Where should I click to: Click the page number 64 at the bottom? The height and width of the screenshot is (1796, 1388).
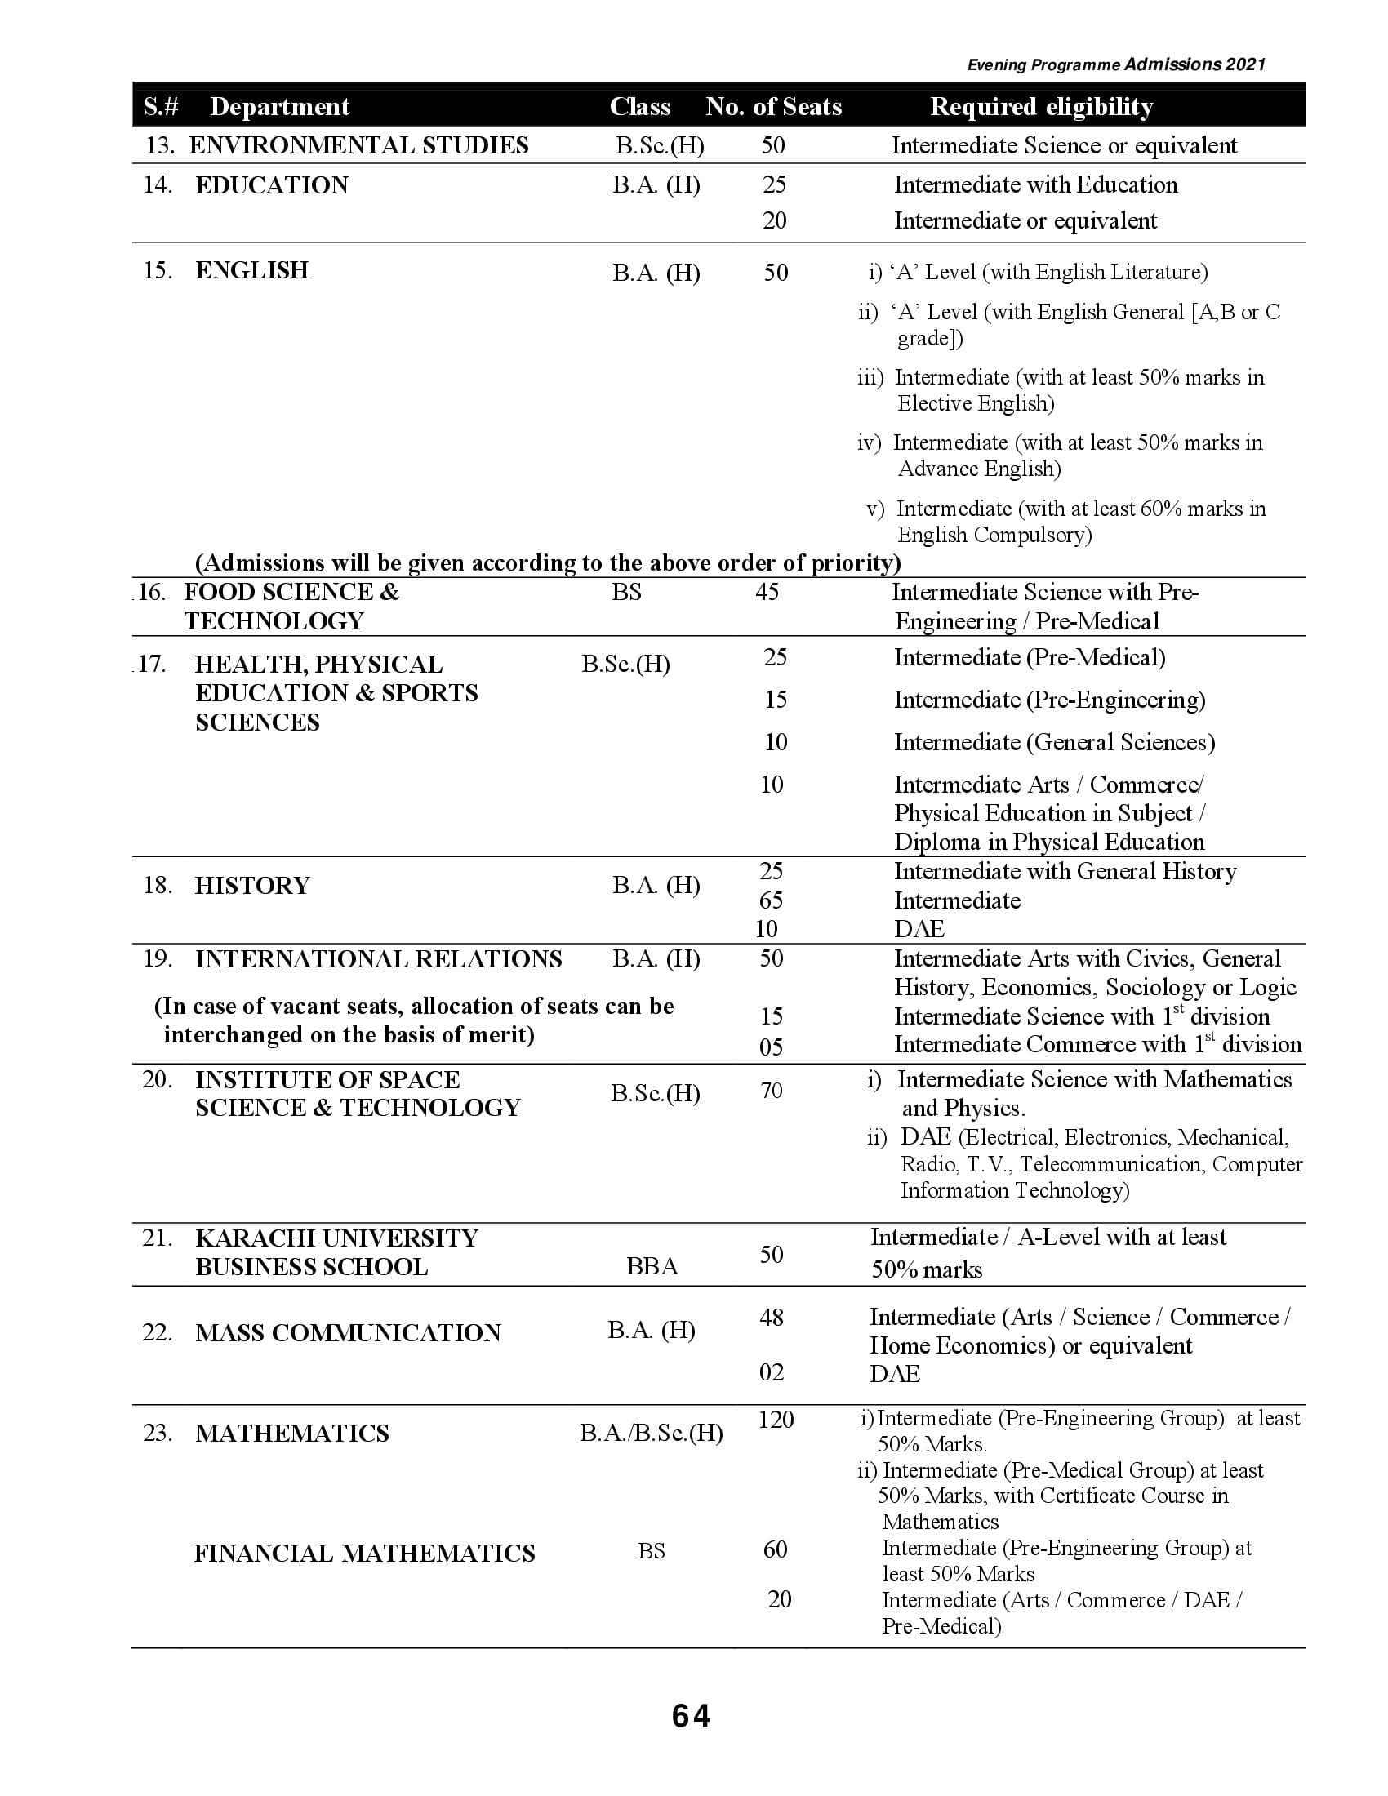pos(691,1715)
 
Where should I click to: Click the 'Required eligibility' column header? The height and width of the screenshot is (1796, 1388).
pos(1041,107)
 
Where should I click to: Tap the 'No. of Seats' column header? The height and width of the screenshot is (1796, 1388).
pos(773,107)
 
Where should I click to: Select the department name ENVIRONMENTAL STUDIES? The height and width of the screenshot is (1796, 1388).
pos(358,145)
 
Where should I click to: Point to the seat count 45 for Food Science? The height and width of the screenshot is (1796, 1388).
pos(767,592)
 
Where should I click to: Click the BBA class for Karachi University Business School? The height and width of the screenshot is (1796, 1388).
pos(652,1265)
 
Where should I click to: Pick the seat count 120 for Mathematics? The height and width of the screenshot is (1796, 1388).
pos(776,1420)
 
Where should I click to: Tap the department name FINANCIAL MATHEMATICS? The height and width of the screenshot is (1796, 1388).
pos(364,1554)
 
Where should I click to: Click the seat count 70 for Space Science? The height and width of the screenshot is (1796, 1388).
pos(772,1091)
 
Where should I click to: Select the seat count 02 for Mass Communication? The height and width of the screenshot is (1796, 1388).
pos(772,1372)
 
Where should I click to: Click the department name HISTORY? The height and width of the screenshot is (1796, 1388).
pos(252,886)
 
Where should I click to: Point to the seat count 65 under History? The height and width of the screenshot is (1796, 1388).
pos(772,900)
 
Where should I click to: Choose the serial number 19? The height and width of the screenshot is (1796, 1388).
pos(157,959)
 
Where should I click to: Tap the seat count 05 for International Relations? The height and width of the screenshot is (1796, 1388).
pos(772,1047)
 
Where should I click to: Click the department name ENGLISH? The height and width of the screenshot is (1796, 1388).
pos(251,270)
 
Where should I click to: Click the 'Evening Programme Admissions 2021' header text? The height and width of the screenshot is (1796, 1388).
pos(1116,65)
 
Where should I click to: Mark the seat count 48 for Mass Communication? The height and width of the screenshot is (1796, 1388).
pos(772,1318)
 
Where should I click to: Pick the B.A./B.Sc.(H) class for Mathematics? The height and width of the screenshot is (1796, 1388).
pos(652,1434)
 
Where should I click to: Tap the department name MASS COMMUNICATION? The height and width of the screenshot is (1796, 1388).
pos(348,1333)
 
